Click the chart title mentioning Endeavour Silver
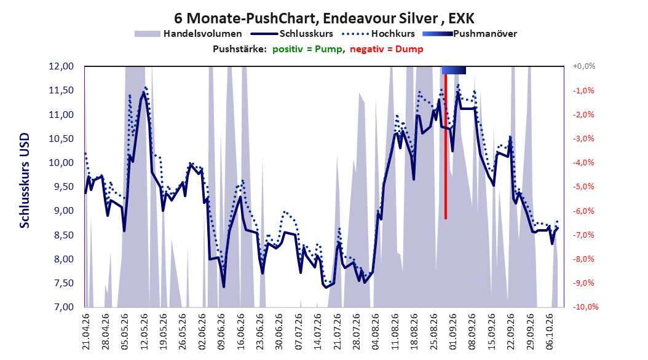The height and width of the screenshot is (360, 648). (324, 18)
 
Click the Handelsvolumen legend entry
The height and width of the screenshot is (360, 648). (189, 34)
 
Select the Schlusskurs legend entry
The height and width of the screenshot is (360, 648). (292, 34)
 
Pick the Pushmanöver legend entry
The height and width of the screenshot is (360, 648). (470, 34)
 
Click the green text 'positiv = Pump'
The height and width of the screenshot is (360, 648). (307, 49)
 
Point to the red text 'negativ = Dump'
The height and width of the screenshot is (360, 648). (387, 49)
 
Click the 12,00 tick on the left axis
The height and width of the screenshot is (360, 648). (61, 66)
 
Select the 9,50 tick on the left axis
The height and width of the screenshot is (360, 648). (61, 187)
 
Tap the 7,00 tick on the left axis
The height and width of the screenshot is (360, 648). (61, 307)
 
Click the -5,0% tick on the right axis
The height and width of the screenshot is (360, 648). (584, 187)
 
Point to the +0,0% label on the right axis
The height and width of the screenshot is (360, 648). (584, 66)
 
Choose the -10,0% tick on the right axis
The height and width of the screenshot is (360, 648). (585, 307)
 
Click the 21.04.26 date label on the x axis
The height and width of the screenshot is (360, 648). (86, 332)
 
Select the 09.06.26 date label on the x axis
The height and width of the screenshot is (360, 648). (221, 332)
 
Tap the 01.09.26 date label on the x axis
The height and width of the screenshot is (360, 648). (453, 332)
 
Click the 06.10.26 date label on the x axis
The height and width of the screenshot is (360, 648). (550, 332)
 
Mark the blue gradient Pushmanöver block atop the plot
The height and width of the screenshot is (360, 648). (454, 70)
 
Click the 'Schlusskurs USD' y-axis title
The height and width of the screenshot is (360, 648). (25, 181)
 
